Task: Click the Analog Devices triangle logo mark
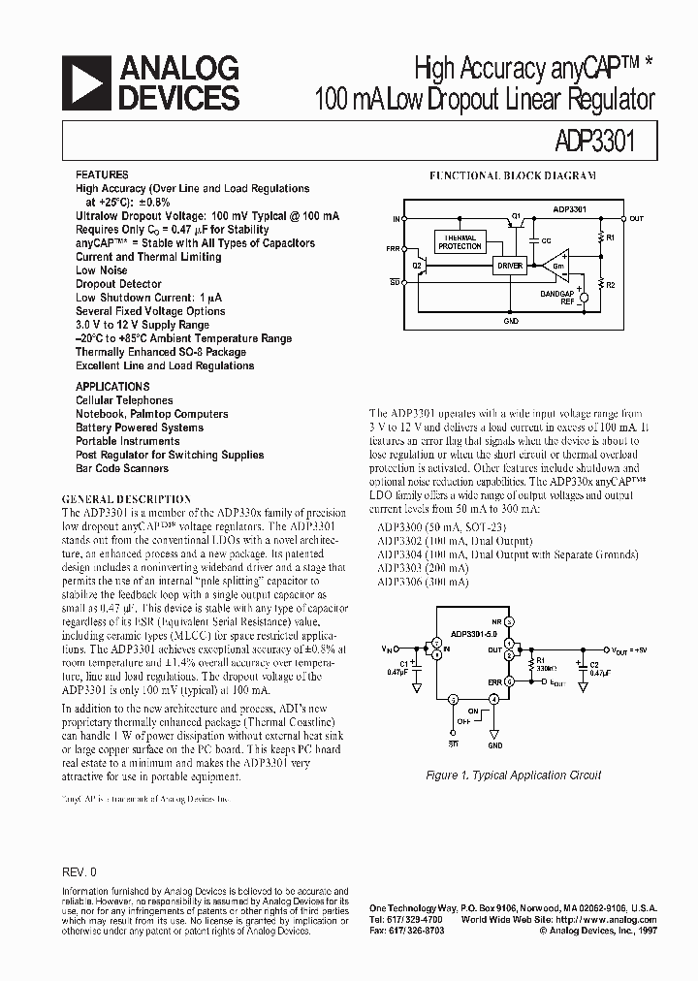click(x=85, y=81)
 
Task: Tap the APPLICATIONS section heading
click(x=111, y=386)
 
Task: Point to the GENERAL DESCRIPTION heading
click(x=126, y=499)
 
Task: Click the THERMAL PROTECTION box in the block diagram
click(x=460, y=242)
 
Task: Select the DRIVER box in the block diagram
click(x=510, y=265)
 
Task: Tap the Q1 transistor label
click(x=516, y=215)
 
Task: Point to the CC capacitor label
click(x=546, y=239)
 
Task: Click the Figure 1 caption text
click(x=514, y=775)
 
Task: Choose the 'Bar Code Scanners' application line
click(x=122, y=468)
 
